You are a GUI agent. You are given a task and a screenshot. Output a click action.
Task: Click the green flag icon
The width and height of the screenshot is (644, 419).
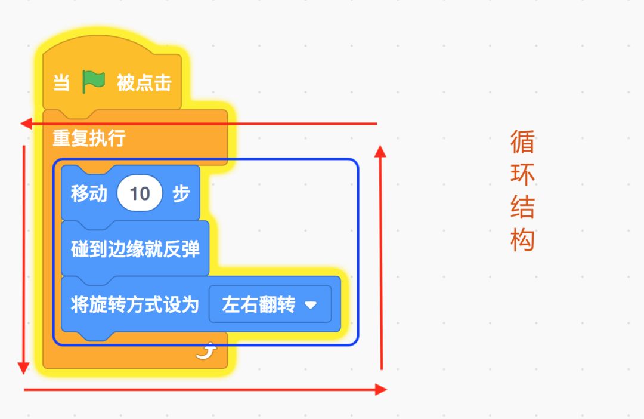coord(94,81)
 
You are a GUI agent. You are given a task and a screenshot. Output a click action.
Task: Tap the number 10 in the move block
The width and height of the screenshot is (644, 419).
coord(140,193)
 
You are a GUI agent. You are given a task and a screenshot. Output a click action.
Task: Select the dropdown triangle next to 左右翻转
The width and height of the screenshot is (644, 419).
coord(311,304)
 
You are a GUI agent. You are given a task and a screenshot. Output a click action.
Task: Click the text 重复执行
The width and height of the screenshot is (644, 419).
coord(89,138)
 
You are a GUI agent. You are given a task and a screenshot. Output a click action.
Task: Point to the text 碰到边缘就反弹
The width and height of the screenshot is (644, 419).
coord(135,249)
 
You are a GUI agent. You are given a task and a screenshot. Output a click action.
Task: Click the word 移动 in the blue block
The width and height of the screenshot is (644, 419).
coord(89,193)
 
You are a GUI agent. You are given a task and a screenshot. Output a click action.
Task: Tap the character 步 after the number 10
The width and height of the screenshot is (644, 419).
coord(181,193)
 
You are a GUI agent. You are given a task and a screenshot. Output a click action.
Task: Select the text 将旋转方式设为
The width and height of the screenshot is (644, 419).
coord(135,304)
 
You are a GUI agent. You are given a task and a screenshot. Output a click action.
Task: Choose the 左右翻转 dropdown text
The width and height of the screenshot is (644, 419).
coord(259,304)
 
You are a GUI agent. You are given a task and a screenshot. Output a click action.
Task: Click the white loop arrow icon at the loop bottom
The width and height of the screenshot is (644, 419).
coord(206,350)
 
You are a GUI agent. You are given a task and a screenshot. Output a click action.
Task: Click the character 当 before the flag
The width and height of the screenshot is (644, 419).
coord(61,82)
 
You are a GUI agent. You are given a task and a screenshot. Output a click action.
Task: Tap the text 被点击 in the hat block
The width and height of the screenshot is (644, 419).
coord(144,82)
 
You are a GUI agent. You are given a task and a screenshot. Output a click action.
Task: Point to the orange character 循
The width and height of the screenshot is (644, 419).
coord(522,142)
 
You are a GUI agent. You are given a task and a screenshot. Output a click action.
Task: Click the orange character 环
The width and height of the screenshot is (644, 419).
coord(522,174)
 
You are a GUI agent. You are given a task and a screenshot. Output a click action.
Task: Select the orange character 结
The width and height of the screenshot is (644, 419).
coord(522,207)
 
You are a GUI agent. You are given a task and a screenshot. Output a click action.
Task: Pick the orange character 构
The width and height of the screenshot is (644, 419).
coord(522,240)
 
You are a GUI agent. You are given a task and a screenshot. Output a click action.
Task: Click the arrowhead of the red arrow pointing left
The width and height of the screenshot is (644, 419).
coord(26,124)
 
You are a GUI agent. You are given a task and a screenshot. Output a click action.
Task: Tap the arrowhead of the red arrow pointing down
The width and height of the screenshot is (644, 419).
coord(23,368)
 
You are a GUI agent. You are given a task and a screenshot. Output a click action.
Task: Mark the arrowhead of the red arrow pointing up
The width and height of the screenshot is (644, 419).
coord(380,151)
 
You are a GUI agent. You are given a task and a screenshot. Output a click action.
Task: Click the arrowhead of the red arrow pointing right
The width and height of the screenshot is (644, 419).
coord(381,389)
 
